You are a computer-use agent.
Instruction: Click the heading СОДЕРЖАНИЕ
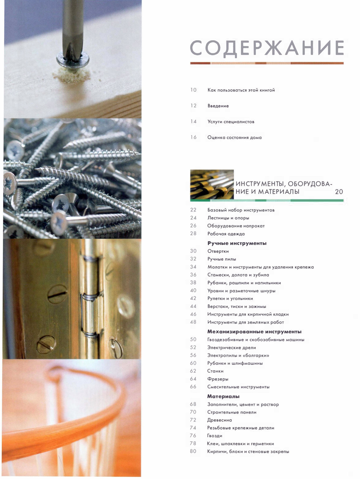[x=267, y=49]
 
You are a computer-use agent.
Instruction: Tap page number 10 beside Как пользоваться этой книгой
[x=194, y=90]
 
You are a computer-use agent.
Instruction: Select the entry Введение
[x=218, y=106]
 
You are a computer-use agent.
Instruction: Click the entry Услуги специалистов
[x=231, y=122]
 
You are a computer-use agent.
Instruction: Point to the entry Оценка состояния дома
[x=235, y=138]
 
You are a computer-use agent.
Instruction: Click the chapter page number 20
[x=339, y=192]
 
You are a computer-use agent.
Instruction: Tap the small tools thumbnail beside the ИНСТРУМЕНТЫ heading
[x=211, y=184]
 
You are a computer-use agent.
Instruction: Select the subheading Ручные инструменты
[x=236, y=243]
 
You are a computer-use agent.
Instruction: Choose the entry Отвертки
[x=218, y=251]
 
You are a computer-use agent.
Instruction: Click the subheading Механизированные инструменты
[x=254, y=331]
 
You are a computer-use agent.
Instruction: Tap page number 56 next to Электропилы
[x=194, y=355]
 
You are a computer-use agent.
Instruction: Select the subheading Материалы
[x=223, y=396]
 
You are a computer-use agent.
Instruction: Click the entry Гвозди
[x=215, y=436]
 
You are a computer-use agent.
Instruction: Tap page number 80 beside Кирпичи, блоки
[x=194, y=451]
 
